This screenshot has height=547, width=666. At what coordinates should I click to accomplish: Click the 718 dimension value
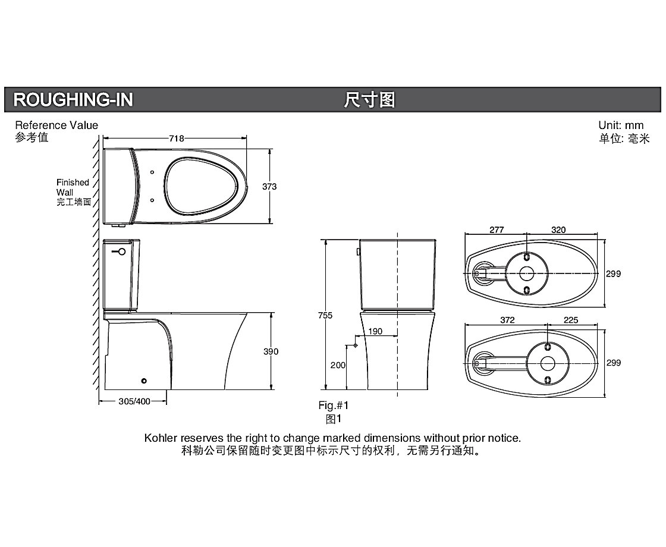[x=177, y=139]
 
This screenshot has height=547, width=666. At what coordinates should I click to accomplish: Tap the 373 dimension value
[x=269, y=187]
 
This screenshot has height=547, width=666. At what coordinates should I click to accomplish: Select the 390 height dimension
[x=271, y=351]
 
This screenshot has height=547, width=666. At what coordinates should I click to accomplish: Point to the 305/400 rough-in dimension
[x=134, y=401]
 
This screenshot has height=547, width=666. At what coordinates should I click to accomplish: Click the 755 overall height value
[x=325, y=315]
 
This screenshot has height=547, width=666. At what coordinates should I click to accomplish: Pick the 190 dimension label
[x=375, y=331]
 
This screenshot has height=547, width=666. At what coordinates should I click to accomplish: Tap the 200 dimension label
[x=338, y=365]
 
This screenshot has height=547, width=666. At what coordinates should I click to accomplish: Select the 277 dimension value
[x=497, y=230]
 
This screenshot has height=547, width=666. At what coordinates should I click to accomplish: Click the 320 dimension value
[x=558, y=230]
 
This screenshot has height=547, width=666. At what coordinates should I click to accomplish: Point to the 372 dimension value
[x=508, y=320]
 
